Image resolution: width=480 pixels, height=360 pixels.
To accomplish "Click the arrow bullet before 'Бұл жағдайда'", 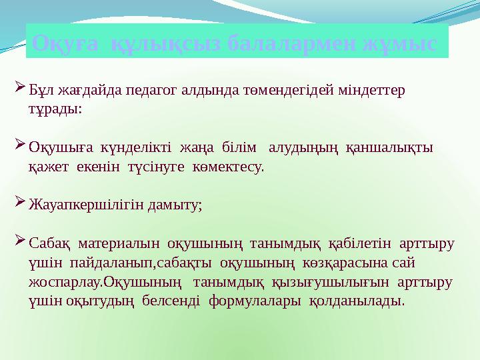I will [19, 88].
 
